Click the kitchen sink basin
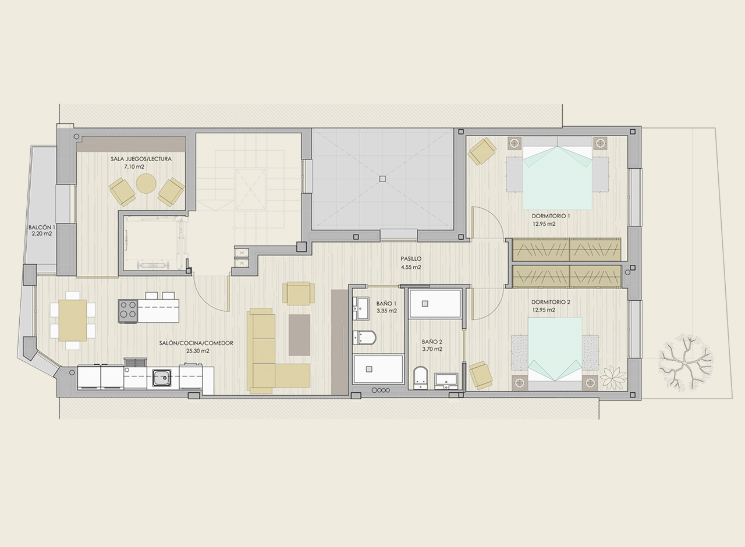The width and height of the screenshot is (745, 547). [x=162, y=378]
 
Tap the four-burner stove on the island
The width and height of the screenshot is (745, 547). [x=128, y=311]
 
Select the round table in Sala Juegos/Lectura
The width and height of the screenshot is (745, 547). [x=146, y=183]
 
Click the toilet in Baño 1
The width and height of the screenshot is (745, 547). [x=364, y=338]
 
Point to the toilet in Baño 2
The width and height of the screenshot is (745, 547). [x=420, y=378]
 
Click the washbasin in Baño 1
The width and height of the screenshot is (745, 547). [x=361, y=308]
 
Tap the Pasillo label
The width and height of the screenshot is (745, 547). [x=411, y=258]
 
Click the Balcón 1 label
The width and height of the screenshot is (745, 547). [x=42, y=228]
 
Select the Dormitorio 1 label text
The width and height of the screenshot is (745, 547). [x=551, y=216]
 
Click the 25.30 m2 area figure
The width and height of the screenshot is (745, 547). [x=197, y=351]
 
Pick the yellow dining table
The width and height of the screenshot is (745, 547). [x=73, y=320]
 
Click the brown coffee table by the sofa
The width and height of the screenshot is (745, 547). [x=299, y=335]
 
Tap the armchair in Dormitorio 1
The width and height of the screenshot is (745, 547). [x=482, y=151]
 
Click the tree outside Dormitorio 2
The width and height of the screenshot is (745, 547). [x=686, y=365]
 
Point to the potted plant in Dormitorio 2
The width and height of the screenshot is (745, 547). [x=613, y=378]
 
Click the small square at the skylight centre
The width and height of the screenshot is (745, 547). [x=382, y=179]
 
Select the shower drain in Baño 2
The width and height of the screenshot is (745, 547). [x=425, y=304]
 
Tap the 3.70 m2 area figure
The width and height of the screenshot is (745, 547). [x=432, y=349]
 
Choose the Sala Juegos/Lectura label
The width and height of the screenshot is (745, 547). [x=141, y=159]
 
